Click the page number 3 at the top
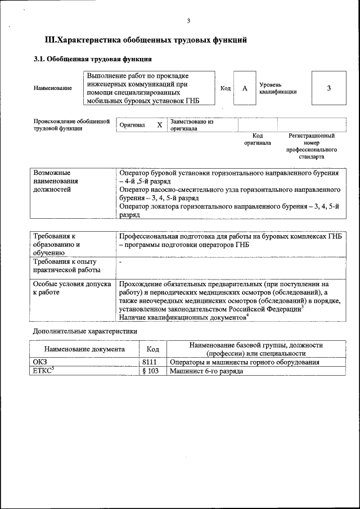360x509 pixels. pyautogui.click(x=188, y=21)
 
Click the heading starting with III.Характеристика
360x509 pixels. pyautogui.click(x=146, y=40)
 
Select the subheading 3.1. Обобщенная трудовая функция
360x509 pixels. pyautogui.click(x=92, y=58)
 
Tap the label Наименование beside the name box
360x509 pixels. pyautogui.click(x=52, y=88)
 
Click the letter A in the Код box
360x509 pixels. pyautogui.click(x=245, y=88)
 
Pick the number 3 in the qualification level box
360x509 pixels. pyautogui.click(x=328, y=88)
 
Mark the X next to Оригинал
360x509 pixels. pyautogui.click(x=160, y=125)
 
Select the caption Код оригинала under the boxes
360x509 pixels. pyautogui.click(x=257, y=139)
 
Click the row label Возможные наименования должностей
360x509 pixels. pyautogui.click(x=56, y=182)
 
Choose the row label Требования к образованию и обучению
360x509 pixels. pyautogui.click(x=57, y=245)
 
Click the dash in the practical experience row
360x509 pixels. pyautogui.click(x=121, y=262)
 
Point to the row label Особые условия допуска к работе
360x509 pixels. pyautogui.click(x=72, y=289)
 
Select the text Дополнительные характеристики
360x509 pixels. pyautogui.click(x=85, y=331)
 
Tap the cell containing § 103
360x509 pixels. pyautogui.click(x=152, y=371)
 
